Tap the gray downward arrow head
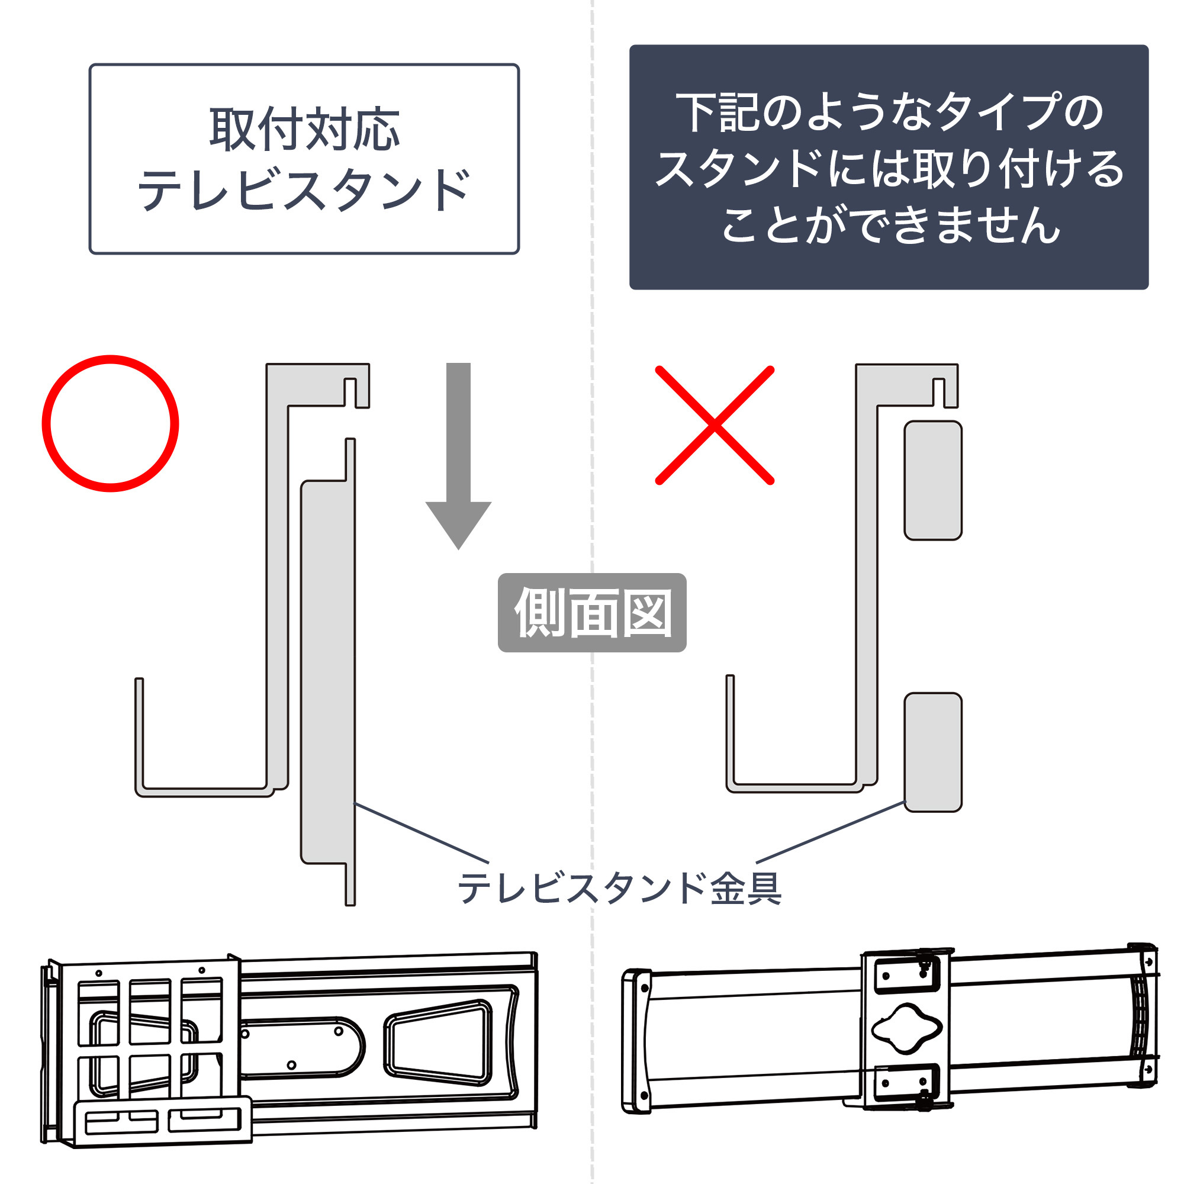pyautogui.click(x=458, y=524)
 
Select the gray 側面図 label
pyautogui.click(x=592, y=612)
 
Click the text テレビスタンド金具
pyautogui.click(x=620, y=888)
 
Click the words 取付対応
pyautogui.click(x=304, y=129)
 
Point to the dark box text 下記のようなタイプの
pyautogui.click(x=889, y=112)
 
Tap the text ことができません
pyautogui.click(x=890, y=225)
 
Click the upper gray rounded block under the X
pyautogui.click(x=933, y=481)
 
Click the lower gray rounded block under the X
pyautogui.click(x=933, y=752)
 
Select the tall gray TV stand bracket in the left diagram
pyautogui.click(x=328, y=672)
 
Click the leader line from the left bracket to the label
pyautogui.click(x=422, y=833)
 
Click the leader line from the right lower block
pyautogui.click(x=831, y=832)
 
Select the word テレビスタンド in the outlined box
pyautogui.click(x=304, y=189)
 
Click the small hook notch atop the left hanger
pyautogui.click(x=349, y=392)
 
